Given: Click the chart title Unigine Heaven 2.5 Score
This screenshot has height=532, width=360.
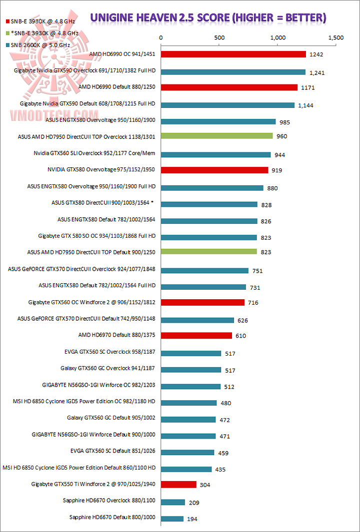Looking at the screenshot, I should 208,18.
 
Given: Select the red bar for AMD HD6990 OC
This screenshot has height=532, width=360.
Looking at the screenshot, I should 233,54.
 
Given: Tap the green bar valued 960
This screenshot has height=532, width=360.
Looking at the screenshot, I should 216,136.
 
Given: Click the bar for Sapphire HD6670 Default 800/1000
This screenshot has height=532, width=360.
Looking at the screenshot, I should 172,519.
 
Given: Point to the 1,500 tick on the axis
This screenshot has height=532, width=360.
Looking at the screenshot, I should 336,37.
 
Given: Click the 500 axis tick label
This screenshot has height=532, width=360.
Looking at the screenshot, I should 219,37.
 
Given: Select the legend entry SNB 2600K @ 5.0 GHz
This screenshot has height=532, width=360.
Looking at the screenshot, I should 39,45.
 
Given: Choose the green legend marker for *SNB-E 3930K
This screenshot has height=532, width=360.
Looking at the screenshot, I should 7,33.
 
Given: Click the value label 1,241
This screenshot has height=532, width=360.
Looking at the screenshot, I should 317,72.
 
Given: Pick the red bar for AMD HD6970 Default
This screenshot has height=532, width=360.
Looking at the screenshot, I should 196,335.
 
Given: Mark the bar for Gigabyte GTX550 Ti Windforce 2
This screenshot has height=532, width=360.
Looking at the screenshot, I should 178,485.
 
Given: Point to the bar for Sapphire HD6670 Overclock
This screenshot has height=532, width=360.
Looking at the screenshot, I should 173,502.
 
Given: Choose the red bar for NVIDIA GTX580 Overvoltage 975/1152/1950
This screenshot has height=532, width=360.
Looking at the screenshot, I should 214,170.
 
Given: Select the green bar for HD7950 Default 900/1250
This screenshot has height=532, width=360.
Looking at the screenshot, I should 208,252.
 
